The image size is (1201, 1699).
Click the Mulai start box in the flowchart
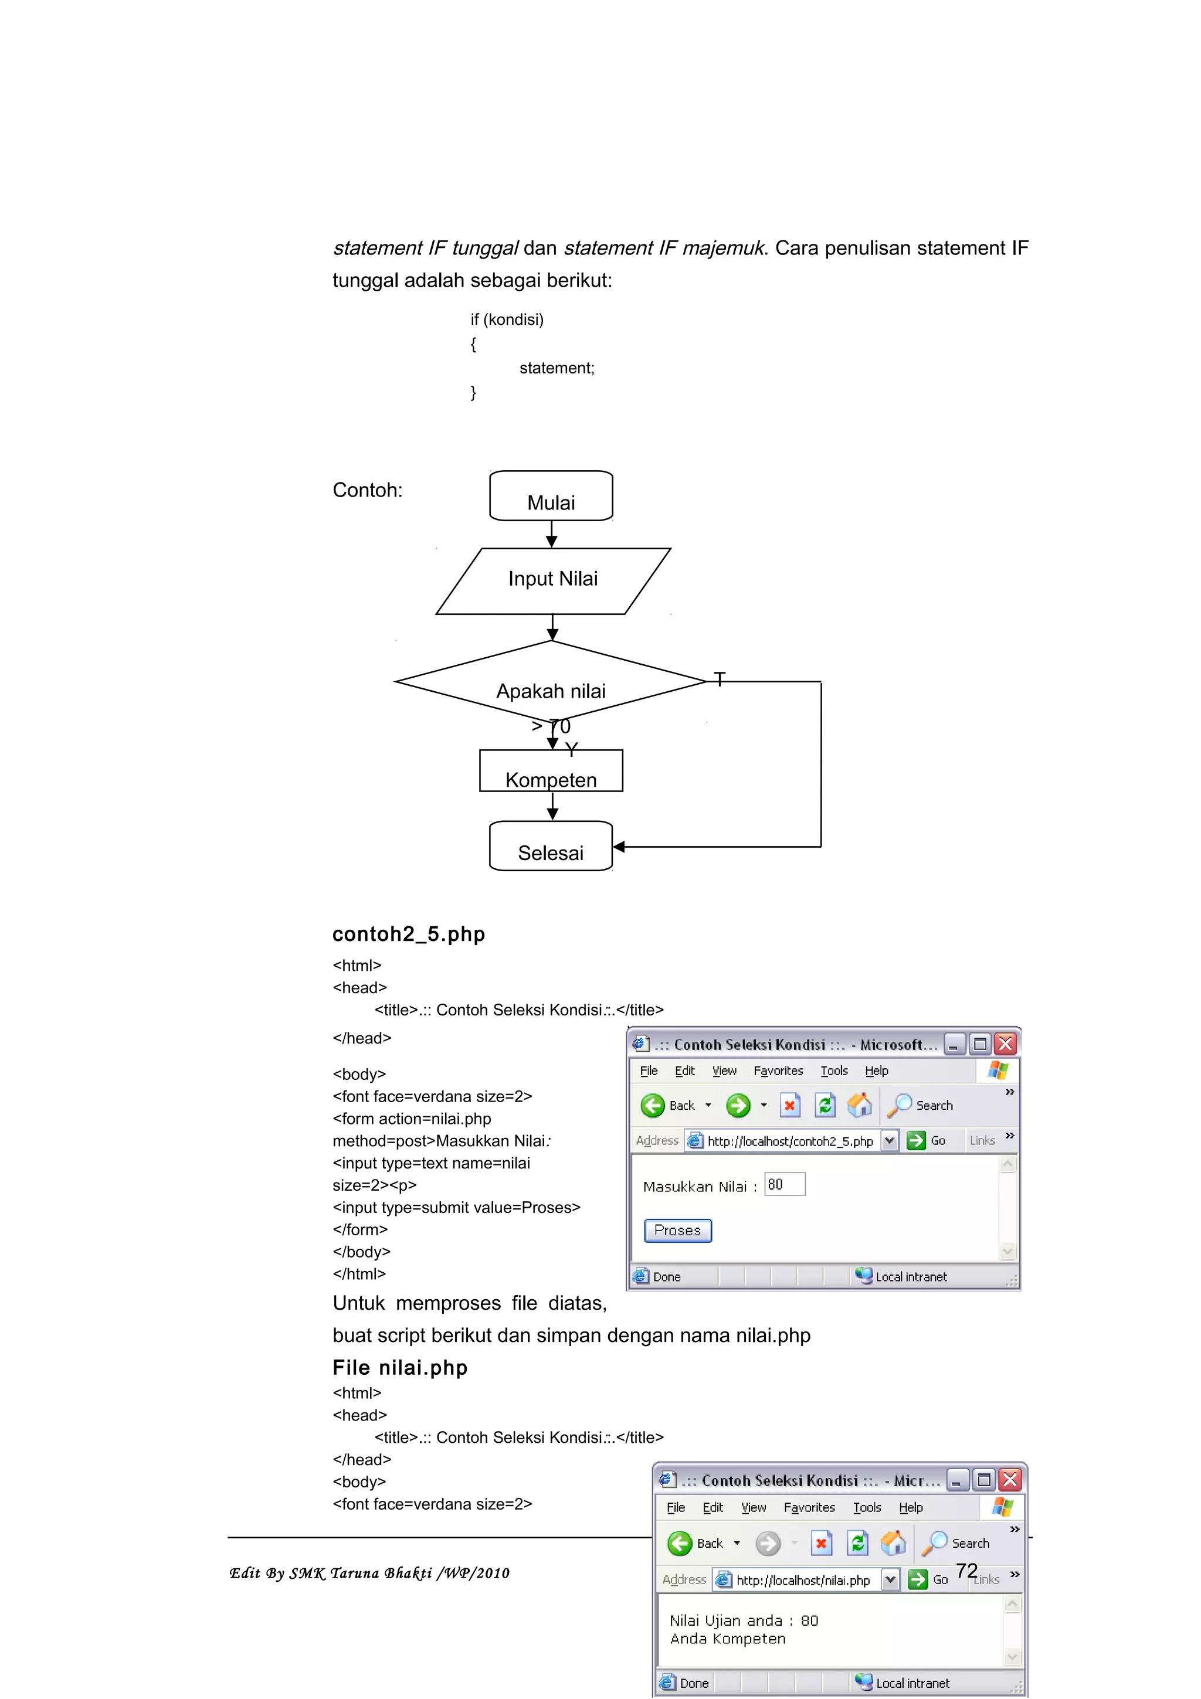click(551, 497)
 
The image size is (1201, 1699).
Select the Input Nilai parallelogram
click(553, 581)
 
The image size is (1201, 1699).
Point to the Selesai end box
click(551, 847)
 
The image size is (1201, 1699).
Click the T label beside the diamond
click(720, 678)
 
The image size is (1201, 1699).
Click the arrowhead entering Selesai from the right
click(619, 847)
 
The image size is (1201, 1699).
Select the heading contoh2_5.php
click(409, 934)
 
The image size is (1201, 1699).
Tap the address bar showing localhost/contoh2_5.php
click(789, 1141)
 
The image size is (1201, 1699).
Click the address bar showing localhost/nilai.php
click(802, 1580)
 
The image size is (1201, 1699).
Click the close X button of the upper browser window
click(1005, 1044)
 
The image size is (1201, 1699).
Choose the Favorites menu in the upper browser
click(778, 1071)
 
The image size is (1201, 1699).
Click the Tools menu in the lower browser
click(867, 1507)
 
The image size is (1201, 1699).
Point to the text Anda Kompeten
click(727, 1638)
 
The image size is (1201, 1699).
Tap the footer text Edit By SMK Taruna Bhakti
click(368, 1573)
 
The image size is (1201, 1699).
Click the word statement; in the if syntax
click(557, 368)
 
